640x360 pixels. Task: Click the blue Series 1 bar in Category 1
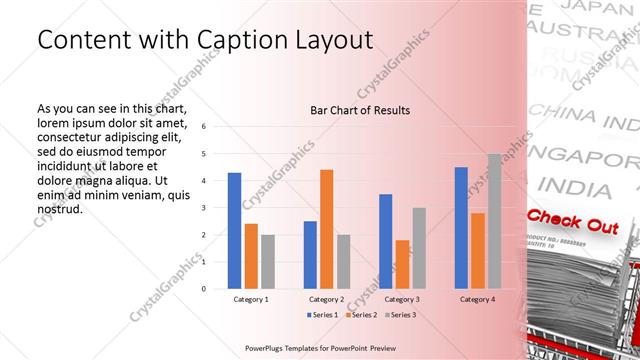click(x=234, y=230)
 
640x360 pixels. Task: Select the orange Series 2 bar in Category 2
click(x=326, y=229)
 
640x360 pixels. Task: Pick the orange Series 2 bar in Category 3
click(x=402, y=264)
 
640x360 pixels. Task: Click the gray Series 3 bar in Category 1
click(x=268, y=261)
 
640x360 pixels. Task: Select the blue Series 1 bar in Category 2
click(x=310, y=254)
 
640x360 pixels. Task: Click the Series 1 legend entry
click(x=319, y=315)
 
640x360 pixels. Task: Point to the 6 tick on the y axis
click(x=203, y=127)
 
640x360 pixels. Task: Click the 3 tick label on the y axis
click(x=203, y=208)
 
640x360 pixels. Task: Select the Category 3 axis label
click(x=402, y=299)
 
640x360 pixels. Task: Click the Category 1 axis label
click(x=251, y=299)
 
